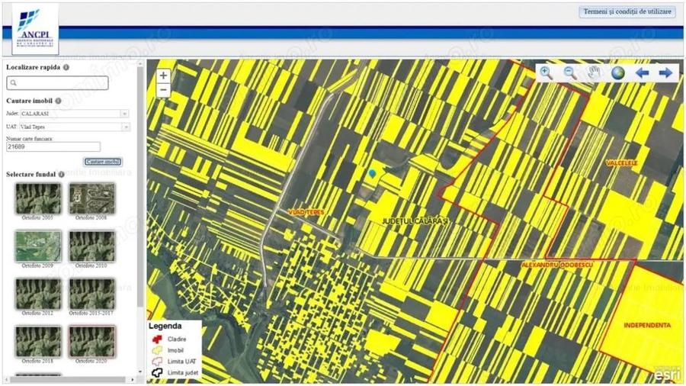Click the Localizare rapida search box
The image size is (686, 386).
pos(57,83)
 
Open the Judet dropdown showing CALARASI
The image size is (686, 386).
pos(74,114)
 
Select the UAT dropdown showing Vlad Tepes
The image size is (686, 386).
pos(74,127)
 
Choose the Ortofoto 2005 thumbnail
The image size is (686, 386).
pos(37,198)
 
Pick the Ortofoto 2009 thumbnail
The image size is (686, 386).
pos(37,246)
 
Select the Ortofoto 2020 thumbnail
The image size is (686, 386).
pos(91,341)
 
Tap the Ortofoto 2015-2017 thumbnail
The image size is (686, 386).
pos(91,294)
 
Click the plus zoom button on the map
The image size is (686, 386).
pos(163,76)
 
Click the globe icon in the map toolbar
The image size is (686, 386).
pos(617,73)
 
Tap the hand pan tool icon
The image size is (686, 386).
pos(594,73)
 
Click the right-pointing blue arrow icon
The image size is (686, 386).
pos(665,73)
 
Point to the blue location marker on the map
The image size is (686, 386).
pos(372,174)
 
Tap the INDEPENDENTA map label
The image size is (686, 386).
pos(647,325)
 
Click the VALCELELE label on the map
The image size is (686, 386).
pos(621,163)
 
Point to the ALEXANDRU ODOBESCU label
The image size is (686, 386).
pos(557,264)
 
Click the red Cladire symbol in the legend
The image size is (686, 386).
pos(158,339)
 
